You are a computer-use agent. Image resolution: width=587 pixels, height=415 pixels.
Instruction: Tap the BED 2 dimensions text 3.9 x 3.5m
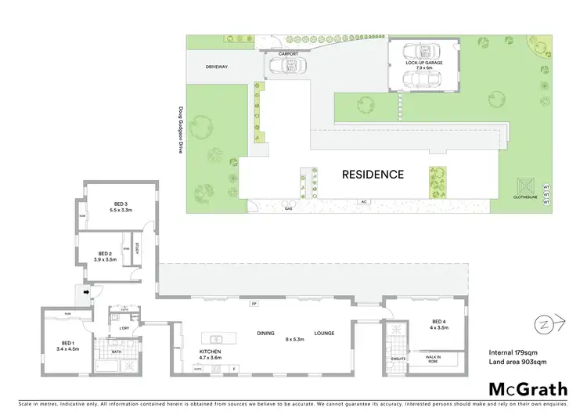(104, 259)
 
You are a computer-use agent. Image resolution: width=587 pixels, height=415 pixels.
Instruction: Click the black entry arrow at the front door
(88, 294)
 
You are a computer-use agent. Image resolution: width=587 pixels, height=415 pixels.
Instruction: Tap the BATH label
(117, 352)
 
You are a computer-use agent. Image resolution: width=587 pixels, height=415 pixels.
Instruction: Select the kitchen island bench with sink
(211, 338)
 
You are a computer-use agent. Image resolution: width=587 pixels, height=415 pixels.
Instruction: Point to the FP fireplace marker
(254, 303)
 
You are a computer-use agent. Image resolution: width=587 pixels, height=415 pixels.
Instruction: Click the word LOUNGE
(325, 334)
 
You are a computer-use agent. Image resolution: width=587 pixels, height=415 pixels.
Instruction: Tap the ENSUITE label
(398, 359)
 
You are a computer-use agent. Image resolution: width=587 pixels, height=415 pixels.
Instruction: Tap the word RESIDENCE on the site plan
(373, 175)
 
